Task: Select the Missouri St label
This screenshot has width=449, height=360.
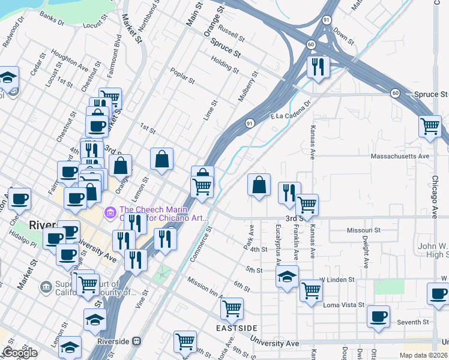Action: click(364, 230)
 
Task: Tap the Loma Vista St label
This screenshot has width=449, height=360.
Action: click(345, 305)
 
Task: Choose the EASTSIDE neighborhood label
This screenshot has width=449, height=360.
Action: click(237, 328)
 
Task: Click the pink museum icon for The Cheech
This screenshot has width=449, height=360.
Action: click(110, 212)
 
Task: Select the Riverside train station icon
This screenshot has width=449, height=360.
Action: click(136, 341)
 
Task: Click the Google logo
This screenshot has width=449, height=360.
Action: click(19, 353)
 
